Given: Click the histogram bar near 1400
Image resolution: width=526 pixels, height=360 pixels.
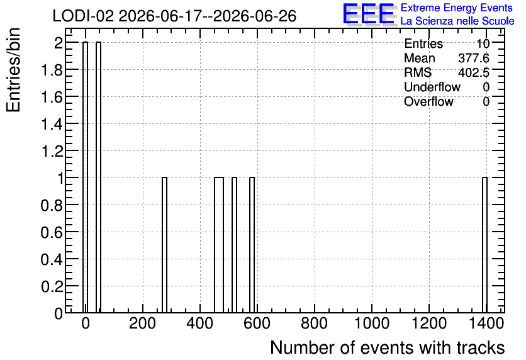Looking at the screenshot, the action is [x=484, y=245].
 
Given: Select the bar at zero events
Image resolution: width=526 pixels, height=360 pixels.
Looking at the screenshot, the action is [x=85, y=177].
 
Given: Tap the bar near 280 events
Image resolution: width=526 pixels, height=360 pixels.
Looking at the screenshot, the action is [x=164, y=245].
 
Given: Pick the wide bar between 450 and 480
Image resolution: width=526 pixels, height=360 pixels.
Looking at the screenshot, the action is [x=219, y=245].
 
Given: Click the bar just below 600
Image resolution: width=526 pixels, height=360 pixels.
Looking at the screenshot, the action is [x=252, y=245].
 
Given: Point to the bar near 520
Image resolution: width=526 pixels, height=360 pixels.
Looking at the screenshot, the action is [x=234, y=245].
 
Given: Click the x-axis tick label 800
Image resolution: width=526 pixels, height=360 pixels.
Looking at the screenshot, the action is [x=314, y=323].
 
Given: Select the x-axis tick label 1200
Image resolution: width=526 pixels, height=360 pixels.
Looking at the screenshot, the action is [x=428, y=323].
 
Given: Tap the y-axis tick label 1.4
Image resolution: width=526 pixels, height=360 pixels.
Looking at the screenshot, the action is [x=52, y=124].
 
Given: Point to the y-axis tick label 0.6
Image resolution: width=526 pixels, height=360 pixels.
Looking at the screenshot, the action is [x=52, y=232].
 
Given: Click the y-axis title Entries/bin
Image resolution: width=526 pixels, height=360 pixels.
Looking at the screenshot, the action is [x=13, y=70].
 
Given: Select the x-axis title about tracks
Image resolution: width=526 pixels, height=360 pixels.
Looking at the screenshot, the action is [x=388, y=347].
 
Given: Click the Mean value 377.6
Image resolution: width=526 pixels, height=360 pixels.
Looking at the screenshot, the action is [x=474, y=58].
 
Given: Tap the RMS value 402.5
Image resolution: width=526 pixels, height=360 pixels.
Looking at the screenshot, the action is [x=474, y=72].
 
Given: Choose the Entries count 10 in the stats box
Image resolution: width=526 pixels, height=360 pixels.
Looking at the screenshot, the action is [x=483, y=43].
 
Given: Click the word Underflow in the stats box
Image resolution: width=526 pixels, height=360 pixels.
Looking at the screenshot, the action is [x=432, y=87].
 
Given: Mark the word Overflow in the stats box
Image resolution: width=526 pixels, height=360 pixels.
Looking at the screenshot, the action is [x=428, y=102].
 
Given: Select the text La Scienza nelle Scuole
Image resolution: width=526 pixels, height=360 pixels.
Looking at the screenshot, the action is [x=457, y=21].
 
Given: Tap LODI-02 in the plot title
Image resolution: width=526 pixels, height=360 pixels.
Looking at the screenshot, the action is [x=83, y=16].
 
